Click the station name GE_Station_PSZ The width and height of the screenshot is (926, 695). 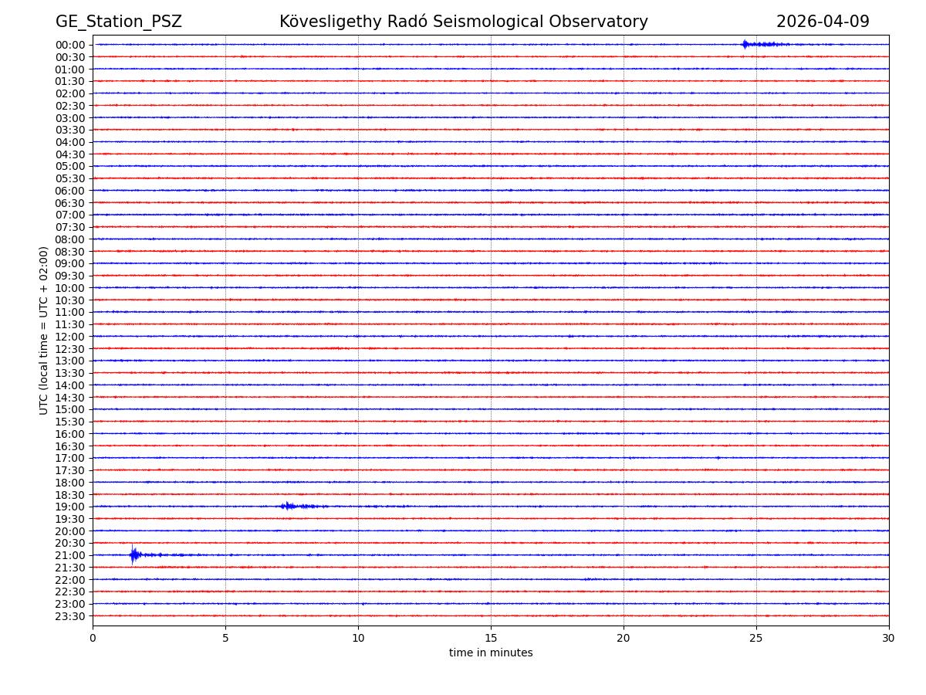(x=118, y=22)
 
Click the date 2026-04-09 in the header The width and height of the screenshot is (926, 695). (x=822, y=22)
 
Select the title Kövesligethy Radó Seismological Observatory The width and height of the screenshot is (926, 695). (x=463, y=22)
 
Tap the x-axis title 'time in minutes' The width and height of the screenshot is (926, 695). (x=491, y=653)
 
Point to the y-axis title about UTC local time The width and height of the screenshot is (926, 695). (x=44, y=330)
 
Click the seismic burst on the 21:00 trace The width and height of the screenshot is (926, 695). (x=134, y=554)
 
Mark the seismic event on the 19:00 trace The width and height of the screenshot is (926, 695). (x=289, y=506)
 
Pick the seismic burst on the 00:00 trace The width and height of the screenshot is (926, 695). (x=745, y=44)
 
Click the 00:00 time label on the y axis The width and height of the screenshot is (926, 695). (x=70, y=45)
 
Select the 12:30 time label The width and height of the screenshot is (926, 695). (x=70, y=349)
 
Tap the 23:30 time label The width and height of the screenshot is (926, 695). (x=70, y=616)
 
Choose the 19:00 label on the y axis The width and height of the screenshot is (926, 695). (x=70, y=507)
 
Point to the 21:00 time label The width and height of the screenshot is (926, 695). (x=70, y=555)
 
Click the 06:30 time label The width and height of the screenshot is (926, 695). (x=70, y=203)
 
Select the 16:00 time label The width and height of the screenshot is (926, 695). (x=70, y=434)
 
